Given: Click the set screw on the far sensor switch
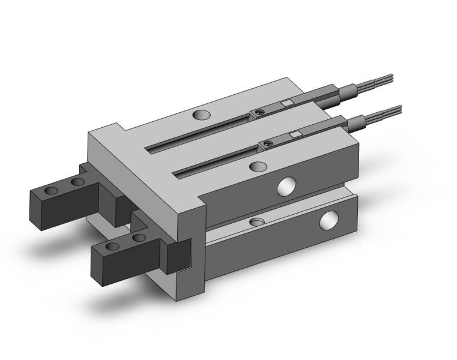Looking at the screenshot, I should [x=258, y=112].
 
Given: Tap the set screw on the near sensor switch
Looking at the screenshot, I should [x=267, y=143].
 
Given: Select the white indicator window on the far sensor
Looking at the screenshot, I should [x=286, y=103].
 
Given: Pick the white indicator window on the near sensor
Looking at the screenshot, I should [x=295, y=134].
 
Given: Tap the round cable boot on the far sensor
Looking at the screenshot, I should [x=347, y=91].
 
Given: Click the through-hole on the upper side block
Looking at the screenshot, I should [x=286, y=187].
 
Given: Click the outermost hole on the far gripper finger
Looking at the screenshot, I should [x=52, y=190].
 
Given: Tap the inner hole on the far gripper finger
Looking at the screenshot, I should [x=77, y=181].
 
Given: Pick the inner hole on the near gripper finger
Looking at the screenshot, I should [x=138, y=238].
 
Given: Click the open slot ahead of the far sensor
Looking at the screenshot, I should [x=198, y=131].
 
